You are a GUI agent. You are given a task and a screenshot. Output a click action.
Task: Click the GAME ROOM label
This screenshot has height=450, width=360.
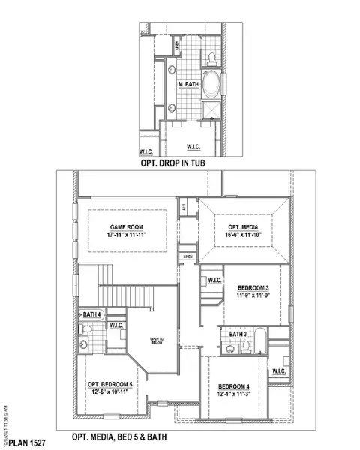126,227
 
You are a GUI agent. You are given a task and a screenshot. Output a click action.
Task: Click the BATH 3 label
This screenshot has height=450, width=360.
238,334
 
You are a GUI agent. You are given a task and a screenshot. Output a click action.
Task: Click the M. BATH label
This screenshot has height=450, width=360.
187,85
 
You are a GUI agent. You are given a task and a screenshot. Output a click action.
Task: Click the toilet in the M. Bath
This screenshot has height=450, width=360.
211,55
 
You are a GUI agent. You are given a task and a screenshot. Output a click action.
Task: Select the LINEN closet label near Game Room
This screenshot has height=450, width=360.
187,256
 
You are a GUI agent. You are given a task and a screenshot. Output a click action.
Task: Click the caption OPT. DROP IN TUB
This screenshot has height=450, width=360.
173,162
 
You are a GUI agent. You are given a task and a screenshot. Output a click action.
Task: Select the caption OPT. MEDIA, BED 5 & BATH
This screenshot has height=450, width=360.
118,436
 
